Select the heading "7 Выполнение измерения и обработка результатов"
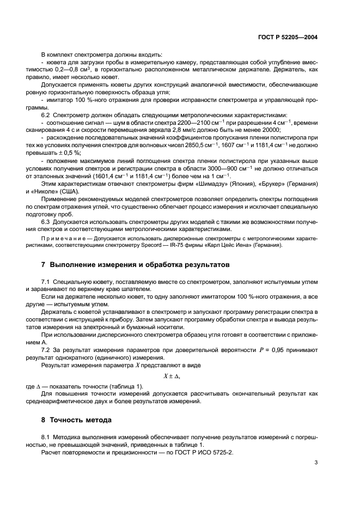click(136, 264)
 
